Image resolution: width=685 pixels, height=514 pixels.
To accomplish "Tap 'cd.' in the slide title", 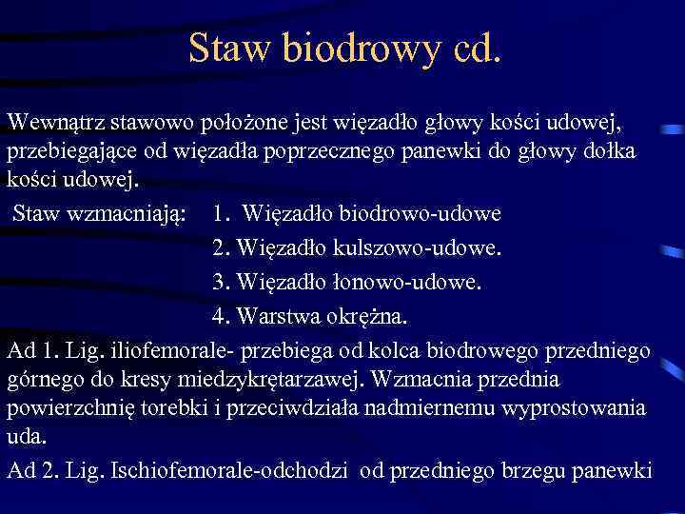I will point(466,48).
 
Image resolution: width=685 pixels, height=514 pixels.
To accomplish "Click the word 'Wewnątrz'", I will point(56,123).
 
